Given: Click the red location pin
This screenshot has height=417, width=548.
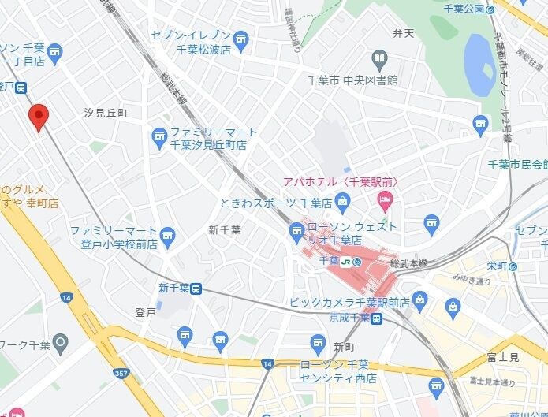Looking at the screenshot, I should [x=39, y=117].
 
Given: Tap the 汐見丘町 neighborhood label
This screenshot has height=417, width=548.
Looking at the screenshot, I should [x=106, y=114].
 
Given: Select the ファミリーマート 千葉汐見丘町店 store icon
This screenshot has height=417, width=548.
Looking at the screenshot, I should [x=159, y=137].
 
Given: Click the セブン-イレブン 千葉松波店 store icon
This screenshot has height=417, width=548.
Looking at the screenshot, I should [x=241, y=37].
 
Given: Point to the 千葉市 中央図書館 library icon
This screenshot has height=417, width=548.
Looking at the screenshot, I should [x=379, y=58].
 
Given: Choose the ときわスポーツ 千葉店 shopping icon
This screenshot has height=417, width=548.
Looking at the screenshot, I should [x=342, y=203].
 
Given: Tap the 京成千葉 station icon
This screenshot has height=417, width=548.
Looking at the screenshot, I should [x=378, y=318].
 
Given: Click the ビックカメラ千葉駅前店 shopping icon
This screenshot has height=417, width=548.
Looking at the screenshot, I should [x=419, y=300].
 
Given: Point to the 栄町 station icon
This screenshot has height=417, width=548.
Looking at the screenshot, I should [x=513, y=266].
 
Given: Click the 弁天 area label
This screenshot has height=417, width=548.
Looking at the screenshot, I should [x=403, y=33].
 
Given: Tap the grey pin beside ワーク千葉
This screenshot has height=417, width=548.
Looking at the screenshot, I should [x=60, y=343].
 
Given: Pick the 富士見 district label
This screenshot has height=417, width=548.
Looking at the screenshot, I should [x=502, y=358].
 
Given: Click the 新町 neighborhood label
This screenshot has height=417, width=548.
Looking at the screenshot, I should [x=344, y=347].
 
